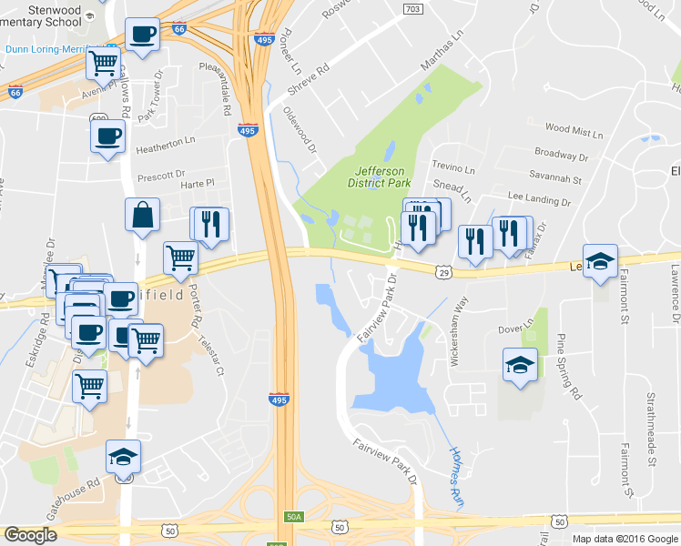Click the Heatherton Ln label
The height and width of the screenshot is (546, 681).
[x=166, y=141]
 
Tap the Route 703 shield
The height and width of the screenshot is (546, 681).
[x=412, y=8]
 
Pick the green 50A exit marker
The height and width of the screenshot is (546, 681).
[x=292, y=516]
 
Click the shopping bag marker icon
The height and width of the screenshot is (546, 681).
[x=143, y=216]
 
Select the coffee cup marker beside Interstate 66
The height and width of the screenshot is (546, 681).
[x=142, y=35]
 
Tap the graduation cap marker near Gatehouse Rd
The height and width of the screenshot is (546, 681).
[x=124, y=457]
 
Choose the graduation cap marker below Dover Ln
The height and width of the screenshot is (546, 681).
[x=520, y=366]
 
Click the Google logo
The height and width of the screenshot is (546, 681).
[x=31, y=535]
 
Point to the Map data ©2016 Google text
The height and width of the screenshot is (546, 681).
[x=624, y=538]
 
